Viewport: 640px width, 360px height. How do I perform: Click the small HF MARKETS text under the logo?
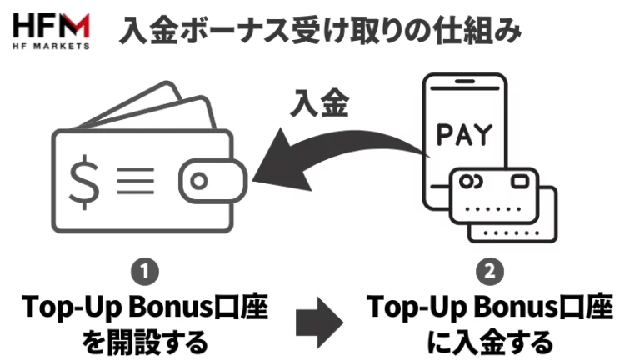point(52,46)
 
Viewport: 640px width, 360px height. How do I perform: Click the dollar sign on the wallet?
point(83,181)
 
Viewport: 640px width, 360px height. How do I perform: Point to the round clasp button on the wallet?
point(199,181)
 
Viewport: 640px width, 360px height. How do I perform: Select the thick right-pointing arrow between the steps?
point(320,320)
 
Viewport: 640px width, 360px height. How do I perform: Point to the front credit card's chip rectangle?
point(522,182)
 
